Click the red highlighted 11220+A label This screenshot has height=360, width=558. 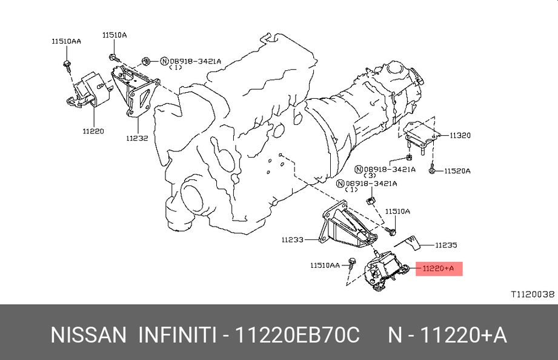pyautogui.click(x=439, y=268)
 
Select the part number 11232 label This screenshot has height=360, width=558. pyautogui.click(x=137, y=138)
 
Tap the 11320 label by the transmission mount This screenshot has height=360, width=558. pyautogui.click(x=460, y=135)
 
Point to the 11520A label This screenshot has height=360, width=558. pyautogui.click(x=457, y=171)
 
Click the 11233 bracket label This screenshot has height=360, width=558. pyautogui.click(x=293, y=239)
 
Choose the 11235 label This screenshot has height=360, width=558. pyautogui.click(x=446, y=245)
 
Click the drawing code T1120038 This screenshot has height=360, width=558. pyautogui.click(x=533, y=294)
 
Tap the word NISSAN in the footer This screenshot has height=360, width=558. pyautogui.click(x=88, y=335)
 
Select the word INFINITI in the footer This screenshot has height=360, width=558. pyautogui.click(x=177, y=335)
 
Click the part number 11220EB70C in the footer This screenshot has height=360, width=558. pyautogui.click(x=298, y=335)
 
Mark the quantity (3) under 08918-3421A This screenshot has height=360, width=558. pyautogui.click(x=370, y=176)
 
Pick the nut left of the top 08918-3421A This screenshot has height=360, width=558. pyautogui.click(x=145, y=61)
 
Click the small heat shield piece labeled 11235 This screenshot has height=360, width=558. pyautogui.click(x=409, y=242)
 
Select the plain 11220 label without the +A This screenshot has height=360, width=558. pyautogui.click(x=93, y=131)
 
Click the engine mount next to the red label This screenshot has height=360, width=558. pyautogui.click(x=386, y=272)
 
